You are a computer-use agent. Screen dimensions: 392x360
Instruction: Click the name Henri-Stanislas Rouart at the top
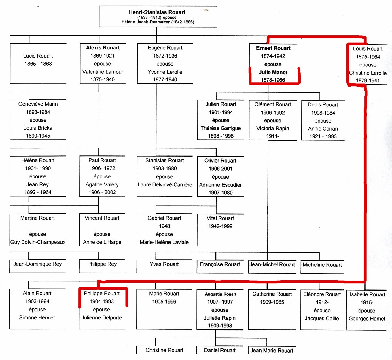pos(157,12)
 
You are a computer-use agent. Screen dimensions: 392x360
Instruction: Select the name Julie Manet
pos(273,72)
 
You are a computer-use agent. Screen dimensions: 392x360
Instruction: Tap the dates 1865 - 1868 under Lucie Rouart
pos(38,64)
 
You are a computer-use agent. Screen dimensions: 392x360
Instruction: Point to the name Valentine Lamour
pos(103,72)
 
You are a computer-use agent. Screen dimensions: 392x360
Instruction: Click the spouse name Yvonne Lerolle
pos(165,72)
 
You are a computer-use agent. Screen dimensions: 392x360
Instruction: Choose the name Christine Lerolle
pos(368,73)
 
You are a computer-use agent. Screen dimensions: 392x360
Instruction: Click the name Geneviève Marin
pos(38,104)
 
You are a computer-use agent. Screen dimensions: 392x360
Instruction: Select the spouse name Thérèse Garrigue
pos(221,128)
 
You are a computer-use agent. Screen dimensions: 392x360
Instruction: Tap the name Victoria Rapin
pos(272,128)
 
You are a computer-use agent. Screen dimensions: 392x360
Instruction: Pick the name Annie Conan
pos(323,129)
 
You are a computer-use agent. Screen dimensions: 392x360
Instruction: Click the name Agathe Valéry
pos(102,184)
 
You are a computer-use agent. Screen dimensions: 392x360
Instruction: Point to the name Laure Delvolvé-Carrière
pos(165,184)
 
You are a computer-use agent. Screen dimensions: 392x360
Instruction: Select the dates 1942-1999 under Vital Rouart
pos(220,226)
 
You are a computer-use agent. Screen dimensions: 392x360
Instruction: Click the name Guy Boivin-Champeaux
pos(38,242)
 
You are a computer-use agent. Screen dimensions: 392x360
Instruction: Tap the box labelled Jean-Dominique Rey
pos(37,266)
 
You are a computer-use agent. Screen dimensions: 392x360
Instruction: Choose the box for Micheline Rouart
pos(322,267)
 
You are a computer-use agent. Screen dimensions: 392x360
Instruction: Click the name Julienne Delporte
pos(102,318)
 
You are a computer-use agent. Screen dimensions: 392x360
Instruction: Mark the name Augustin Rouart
pos(221,294)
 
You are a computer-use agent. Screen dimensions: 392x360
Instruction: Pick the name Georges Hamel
pos(367,319)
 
